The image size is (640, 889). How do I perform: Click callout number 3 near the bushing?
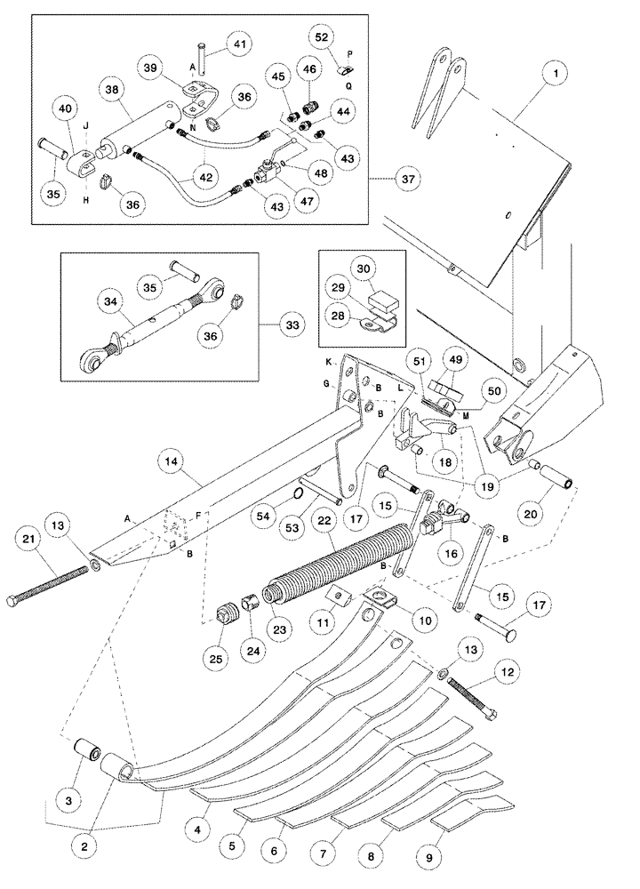coord(71,776)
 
